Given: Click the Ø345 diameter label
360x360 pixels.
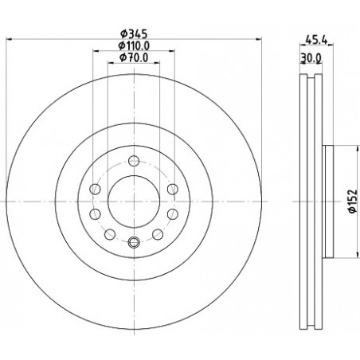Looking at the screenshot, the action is [134, 34].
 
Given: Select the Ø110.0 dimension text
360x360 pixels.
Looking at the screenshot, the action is [134, 46].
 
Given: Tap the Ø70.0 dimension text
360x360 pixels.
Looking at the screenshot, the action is [134, 57].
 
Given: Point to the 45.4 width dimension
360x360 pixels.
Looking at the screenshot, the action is [316, 40].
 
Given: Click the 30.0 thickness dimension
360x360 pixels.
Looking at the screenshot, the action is [311, 57].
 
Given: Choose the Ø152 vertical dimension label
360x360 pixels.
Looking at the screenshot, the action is [353, 201].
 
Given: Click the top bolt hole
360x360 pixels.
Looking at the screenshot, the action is [134, 161].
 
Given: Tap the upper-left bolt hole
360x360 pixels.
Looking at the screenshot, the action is [96, 190].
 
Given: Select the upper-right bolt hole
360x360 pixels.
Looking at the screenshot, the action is [173, 189].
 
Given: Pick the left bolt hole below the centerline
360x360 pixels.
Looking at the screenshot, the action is [96, 214].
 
